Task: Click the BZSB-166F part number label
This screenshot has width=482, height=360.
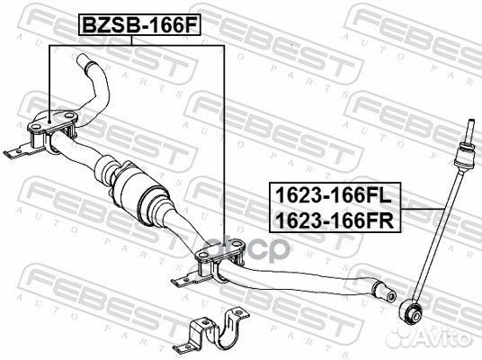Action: [140, 25]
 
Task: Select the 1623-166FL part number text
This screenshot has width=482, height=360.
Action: [334, 195]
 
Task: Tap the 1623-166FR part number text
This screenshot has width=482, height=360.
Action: [335, 220]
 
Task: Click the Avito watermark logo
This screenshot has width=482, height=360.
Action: [431, 337]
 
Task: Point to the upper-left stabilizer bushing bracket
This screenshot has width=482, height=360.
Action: [52, 130]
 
